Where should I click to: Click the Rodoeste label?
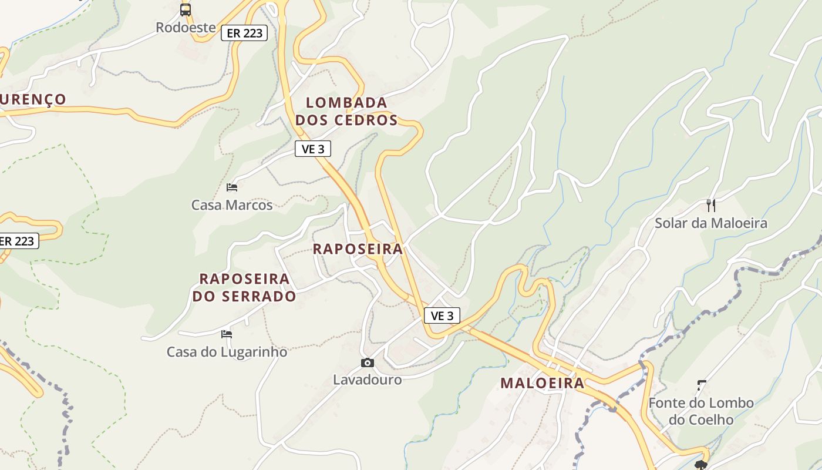186,28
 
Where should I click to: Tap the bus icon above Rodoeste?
186,9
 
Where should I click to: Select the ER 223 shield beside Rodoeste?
244,33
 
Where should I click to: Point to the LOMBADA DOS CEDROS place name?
346,111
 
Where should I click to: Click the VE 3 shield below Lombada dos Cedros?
313,149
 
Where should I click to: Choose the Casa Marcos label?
232,205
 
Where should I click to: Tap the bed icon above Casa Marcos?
232,187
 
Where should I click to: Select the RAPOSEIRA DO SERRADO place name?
244,287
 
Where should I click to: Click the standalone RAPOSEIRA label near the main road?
358,249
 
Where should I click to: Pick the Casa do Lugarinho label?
227,352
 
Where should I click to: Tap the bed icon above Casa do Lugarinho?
227,334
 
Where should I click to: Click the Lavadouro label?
368,380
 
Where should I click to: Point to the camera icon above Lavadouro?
368,362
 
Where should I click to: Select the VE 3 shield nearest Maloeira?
442,316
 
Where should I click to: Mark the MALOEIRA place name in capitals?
542,384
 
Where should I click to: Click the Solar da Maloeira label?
711,223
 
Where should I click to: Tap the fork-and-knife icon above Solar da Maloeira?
711,205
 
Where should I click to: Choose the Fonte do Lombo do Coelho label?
701,411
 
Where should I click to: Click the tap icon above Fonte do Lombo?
701,385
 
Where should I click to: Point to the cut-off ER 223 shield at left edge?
18,241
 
